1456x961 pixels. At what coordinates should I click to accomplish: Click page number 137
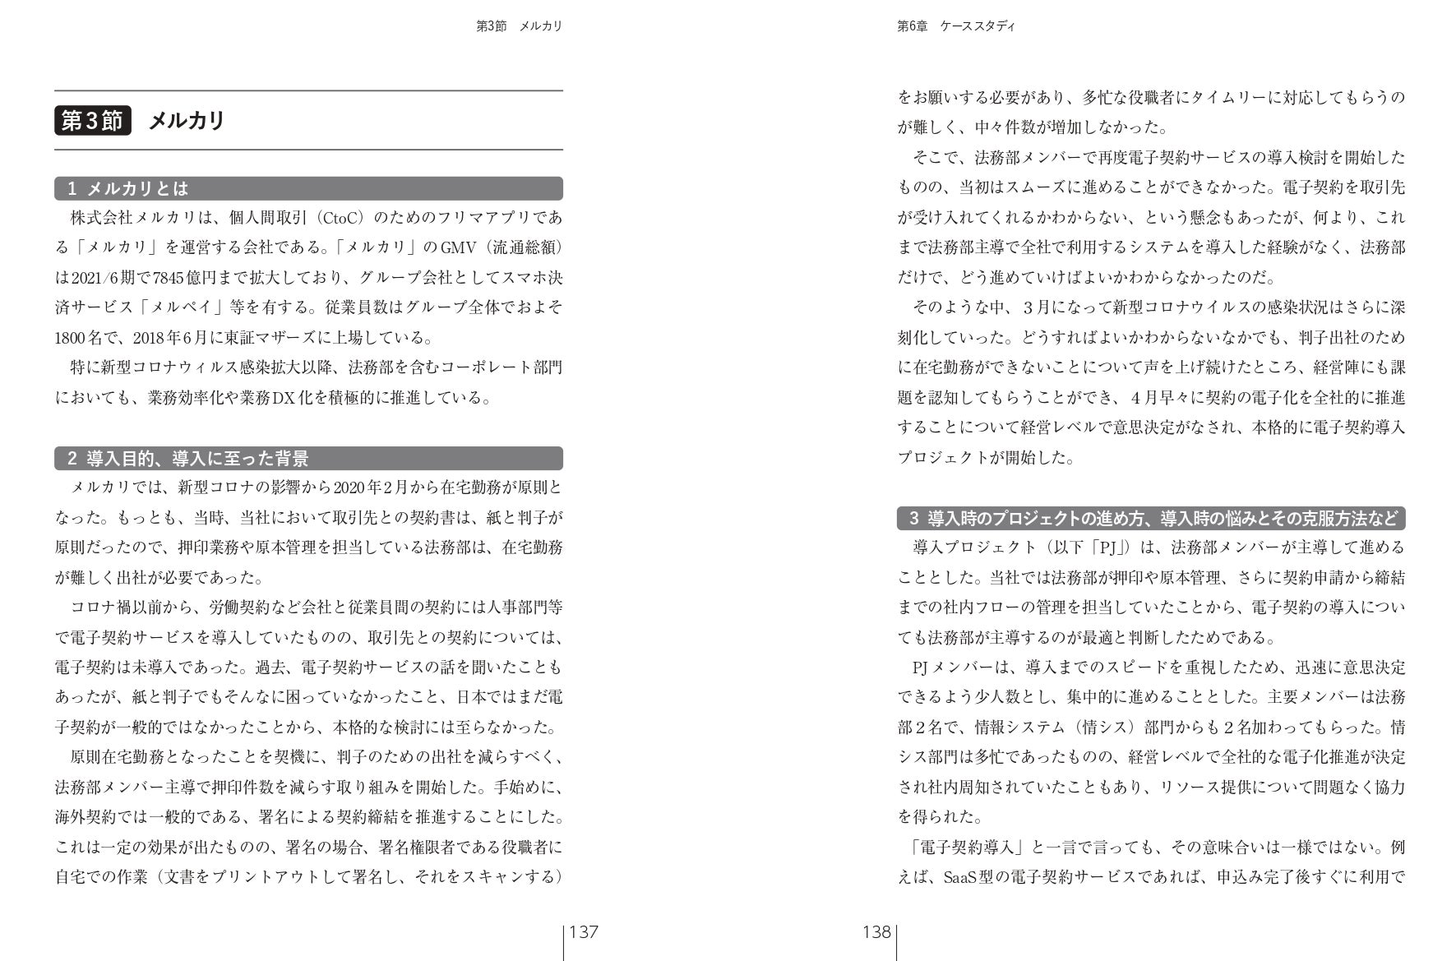point(584,932)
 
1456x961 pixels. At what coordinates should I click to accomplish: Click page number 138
point(876,932)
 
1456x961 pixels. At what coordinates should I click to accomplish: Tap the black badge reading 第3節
point(92,121)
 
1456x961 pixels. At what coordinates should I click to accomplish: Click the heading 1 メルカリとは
point(128,189)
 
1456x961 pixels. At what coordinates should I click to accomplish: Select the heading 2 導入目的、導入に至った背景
point(188,459)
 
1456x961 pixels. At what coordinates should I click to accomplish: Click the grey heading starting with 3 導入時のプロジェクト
point(1151,519)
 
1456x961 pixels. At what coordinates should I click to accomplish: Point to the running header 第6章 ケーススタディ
point(955,26)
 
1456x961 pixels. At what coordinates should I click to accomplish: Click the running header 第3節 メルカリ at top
point(519,26)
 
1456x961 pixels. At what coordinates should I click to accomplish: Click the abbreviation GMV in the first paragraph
point(458,247)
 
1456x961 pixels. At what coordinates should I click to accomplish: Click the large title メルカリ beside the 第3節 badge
point(187,121)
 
